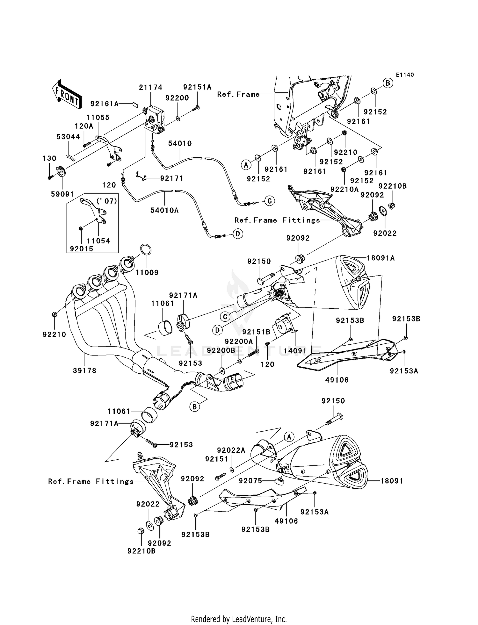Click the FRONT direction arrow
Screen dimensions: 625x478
pyautogui.click(x=66, y=95)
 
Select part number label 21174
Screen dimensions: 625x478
pyautogui.click(x=150, y=87)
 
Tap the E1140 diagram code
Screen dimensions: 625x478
pyautogui.click(x=405, y=75)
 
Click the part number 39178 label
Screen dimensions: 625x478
pyautogui.click(x=84, y=370)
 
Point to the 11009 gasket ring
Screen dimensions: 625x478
pyautogui.click(x=146, y=250)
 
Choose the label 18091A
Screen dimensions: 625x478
pyautogui.click(x=380, y=258)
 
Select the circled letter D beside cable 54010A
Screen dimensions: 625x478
pyautogui.click(x=238, y=234)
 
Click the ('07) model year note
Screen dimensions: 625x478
pyautogui.click(x=107, y=201)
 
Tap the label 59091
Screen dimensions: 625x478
pyautogui.click(x=62, y=194)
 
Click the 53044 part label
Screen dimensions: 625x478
pyautogui.click(x=68, y=137)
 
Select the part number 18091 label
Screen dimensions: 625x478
pyautogui.click(x=392, y=481)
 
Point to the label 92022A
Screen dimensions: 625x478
pyautogui.click(x=231, y=450)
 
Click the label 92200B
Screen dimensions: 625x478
pyautogui.click(x=221, y=350)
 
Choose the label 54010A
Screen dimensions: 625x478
pyautogui.click(x=164, y=210)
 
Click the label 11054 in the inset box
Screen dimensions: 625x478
pyautogui.click(x=98, y=241)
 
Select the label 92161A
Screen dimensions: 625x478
pyautogui.click(x=105, y=104)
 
